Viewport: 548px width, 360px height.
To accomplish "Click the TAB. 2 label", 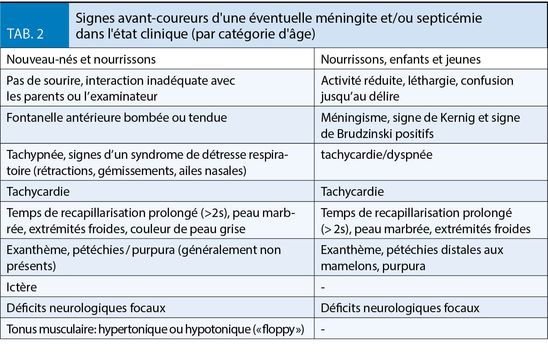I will click(25, 34).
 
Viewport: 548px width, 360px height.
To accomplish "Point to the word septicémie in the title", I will click(447, 18).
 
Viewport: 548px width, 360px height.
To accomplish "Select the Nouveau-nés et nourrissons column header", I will click(81, 59).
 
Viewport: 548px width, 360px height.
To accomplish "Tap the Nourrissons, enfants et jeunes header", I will click(401, 59).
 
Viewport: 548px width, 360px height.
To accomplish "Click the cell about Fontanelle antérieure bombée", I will click(116, 118).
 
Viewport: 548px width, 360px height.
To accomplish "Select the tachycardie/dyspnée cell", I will click(376, 155).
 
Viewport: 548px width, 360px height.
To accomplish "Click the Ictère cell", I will click(22, 287).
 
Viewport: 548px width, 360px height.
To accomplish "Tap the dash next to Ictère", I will click(323, 287).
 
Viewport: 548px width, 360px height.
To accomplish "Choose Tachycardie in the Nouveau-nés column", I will click(38, 192).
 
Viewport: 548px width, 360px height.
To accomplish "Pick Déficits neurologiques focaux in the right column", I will click(400, 308).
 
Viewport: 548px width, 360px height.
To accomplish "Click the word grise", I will click(232, 229).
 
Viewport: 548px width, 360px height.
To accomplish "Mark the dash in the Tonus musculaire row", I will click(323, 329).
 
